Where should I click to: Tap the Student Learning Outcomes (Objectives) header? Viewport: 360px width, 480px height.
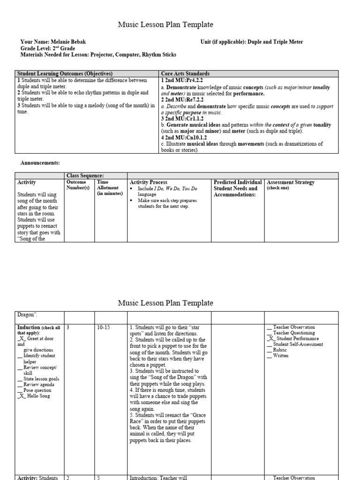[x=65, y=74]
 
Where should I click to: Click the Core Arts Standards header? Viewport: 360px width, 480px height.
[x=185, y=74]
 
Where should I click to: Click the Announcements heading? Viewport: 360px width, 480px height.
[x=40, y=163]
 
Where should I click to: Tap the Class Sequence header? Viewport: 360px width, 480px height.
[x=85, y=175]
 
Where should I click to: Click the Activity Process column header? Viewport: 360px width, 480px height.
[x=148, y=182]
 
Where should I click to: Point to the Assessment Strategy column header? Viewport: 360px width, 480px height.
[x=290, y=182]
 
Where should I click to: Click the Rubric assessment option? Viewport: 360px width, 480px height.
[x=279, y=350]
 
